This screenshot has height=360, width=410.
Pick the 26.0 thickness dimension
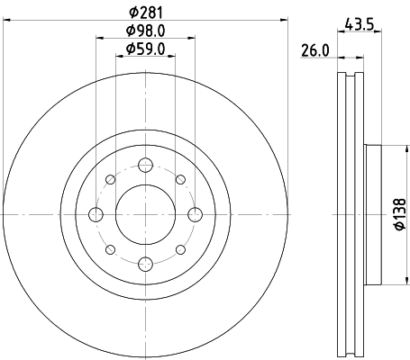pos(314,52)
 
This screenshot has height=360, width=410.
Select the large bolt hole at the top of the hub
pos(145,165)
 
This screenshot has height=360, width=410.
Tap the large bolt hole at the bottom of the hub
pos(145,264)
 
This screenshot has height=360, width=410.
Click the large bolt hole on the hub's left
pos(96,214)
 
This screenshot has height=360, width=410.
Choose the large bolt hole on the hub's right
pos(195,214)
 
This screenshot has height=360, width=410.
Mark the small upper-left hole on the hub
pos(110,179)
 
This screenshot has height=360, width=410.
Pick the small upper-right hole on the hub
pos(180,179)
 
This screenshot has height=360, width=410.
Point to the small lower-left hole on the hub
pos(110,249)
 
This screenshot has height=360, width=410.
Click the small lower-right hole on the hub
pos(180,249)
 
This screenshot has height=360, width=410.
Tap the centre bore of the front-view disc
pos(145,214)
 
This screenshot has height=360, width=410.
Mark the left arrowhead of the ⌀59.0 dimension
pos(119,56)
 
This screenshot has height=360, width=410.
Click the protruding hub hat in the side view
pos(374,214)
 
